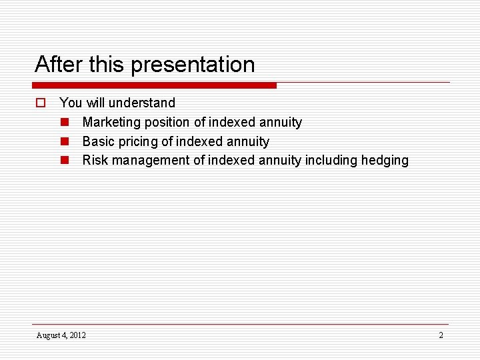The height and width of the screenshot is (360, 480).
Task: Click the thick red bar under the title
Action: pyautogui.click(x=155, y=85)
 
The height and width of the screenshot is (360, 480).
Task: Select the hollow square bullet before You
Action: pyautogui.click(x=40, y=103)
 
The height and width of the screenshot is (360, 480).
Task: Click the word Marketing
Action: pyautogui.click(x=111, y=122)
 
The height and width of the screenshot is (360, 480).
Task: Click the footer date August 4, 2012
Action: pyautogui.click(x=61, y=335)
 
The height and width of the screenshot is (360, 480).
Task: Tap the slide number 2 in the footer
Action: pyautogui.click(x=441, y=335)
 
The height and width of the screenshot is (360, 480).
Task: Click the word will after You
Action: pyautogui.click(x=94, y=103)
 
